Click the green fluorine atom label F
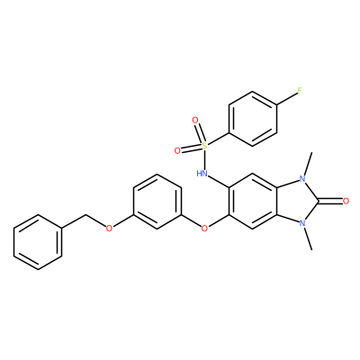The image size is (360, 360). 300,91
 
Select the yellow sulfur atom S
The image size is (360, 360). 204,146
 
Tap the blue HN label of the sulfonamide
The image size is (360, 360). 202,173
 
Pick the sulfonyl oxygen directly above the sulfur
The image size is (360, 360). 195,121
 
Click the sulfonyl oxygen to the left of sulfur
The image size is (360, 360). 177,151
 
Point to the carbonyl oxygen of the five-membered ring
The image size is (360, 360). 346,201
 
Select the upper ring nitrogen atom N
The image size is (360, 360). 302,179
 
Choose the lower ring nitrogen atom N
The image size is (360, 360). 302,223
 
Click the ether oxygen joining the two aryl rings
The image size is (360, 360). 204,229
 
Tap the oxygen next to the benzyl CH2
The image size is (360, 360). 110,229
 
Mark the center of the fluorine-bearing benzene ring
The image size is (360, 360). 253,119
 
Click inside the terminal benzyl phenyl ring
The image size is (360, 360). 38,242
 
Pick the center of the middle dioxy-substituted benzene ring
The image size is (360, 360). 157,201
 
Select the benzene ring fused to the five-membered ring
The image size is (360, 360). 253,201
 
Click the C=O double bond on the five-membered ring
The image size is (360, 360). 330,201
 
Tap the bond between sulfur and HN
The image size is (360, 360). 204,159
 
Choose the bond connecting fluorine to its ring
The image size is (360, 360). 286,98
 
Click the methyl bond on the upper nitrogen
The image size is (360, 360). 308,165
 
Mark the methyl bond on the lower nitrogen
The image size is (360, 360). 308,238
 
